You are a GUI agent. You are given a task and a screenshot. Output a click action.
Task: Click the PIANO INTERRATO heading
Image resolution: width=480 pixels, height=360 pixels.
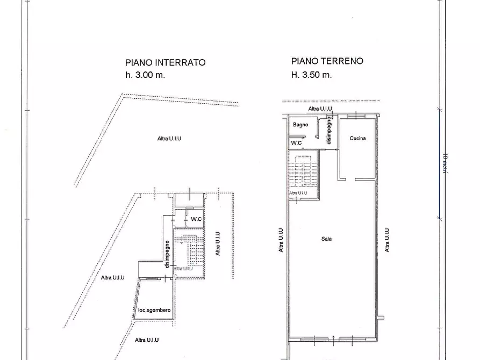[165, 62]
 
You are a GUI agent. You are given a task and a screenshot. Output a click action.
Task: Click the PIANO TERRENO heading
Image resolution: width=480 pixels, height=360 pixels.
[327, 61]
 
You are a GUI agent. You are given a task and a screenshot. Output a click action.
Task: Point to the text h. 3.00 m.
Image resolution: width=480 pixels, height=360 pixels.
[145, 75]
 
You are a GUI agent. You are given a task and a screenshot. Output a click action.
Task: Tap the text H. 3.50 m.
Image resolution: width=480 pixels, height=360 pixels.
[311, 75]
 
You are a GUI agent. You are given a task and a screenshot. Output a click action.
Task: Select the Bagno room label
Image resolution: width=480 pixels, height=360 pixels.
[300, 125]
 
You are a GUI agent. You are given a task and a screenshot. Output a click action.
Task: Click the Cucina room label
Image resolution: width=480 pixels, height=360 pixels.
[357, 138]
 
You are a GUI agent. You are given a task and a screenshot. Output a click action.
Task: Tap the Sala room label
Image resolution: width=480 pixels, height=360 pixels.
[326, 239]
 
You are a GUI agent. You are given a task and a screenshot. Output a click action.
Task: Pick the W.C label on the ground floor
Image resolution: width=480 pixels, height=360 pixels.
[296, 143]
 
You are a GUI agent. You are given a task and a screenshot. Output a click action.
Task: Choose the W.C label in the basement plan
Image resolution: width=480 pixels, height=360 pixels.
[196, 219]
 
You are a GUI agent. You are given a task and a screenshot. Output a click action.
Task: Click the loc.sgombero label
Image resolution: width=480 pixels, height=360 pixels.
[154, 311]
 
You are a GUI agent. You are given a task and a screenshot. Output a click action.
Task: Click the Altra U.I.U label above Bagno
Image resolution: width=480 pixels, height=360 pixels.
[320, 109]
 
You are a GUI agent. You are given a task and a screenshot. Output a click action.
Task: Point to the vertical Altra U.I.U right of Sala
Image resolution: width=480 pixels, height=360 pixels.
[388, 240]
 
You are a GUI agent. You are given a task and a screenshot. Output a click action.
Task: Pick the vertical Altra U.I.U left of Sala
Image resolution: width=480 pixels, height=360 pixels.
[281, 240]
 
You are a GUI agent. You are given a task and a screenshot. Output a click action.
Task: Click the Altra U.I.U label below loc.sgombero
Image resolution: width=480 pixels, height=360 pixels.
[147, 340]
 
